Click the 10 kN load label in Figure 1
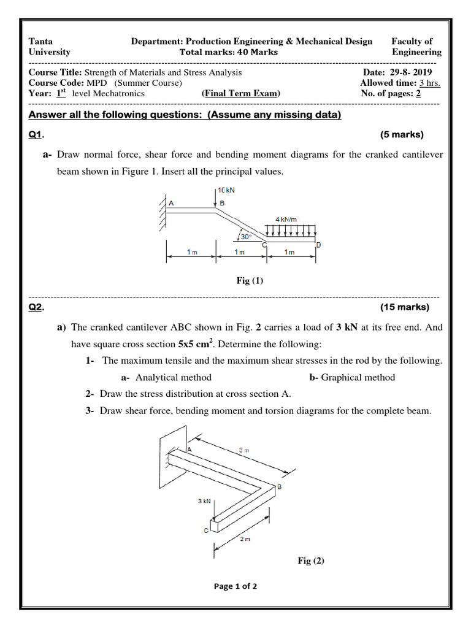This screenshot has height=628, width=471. pyautogui.click(x=226, y=191)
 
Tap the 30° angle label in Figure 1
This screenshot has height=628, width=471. pyautogui.click(x=245, y=236)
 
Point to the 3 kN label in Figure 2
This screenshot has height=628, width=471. pyautogui.click(x=204, y=501)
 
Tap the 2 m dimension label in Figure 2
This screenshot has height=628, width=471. pyautogui.click(x=244, y=539)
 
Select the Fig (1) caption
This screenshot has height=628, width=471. pyautogui.click(x=250, y=281)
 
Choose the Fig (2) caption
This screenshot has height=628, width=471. pyautogui.click(x=311, y=561)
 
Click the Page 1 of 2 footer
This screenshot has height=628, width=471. pyautogui.click(x=235, y=586)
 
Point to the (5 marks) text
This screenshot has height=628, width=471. pyautogui.click(x=402, y=135)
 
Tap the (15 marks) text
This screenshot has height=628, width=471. pyautogui.click(x=405, y=307)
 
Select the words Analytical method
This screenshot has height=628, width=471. pyautogui.click(x=174, y=377)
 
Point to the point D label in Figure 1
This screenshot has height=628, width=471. pyautogui.click(x=318, y=246)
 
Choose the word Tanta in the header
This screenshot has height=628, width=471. pyautogui.click(x=41, y=41)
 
